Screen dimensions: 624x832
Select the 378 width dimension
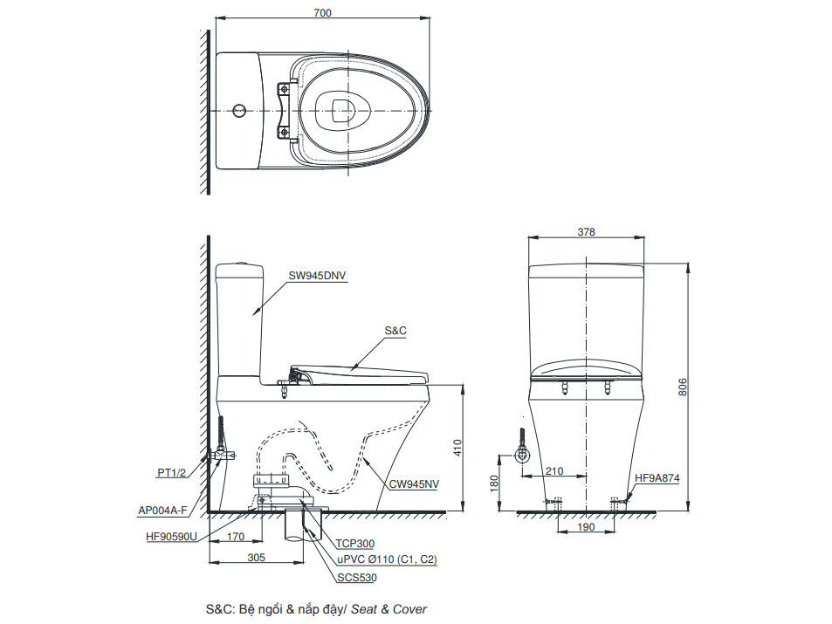(586, 231)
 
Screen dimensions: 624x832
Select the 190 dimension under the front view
(586, 528)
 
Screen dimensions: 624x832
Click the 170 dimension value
(235, 538)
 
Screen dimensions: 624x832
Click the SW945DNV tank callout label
(318, 275)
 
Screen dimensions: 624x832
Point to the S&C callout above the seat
(395, 331)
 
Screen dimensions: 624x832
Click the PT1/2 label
(172, 472)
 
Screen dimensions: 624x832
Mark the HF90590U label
(172, 537)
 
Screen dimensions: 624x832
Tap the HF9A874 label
(657, 478)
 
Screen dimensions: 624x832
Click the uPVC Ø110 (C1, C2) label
(387, 559)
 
